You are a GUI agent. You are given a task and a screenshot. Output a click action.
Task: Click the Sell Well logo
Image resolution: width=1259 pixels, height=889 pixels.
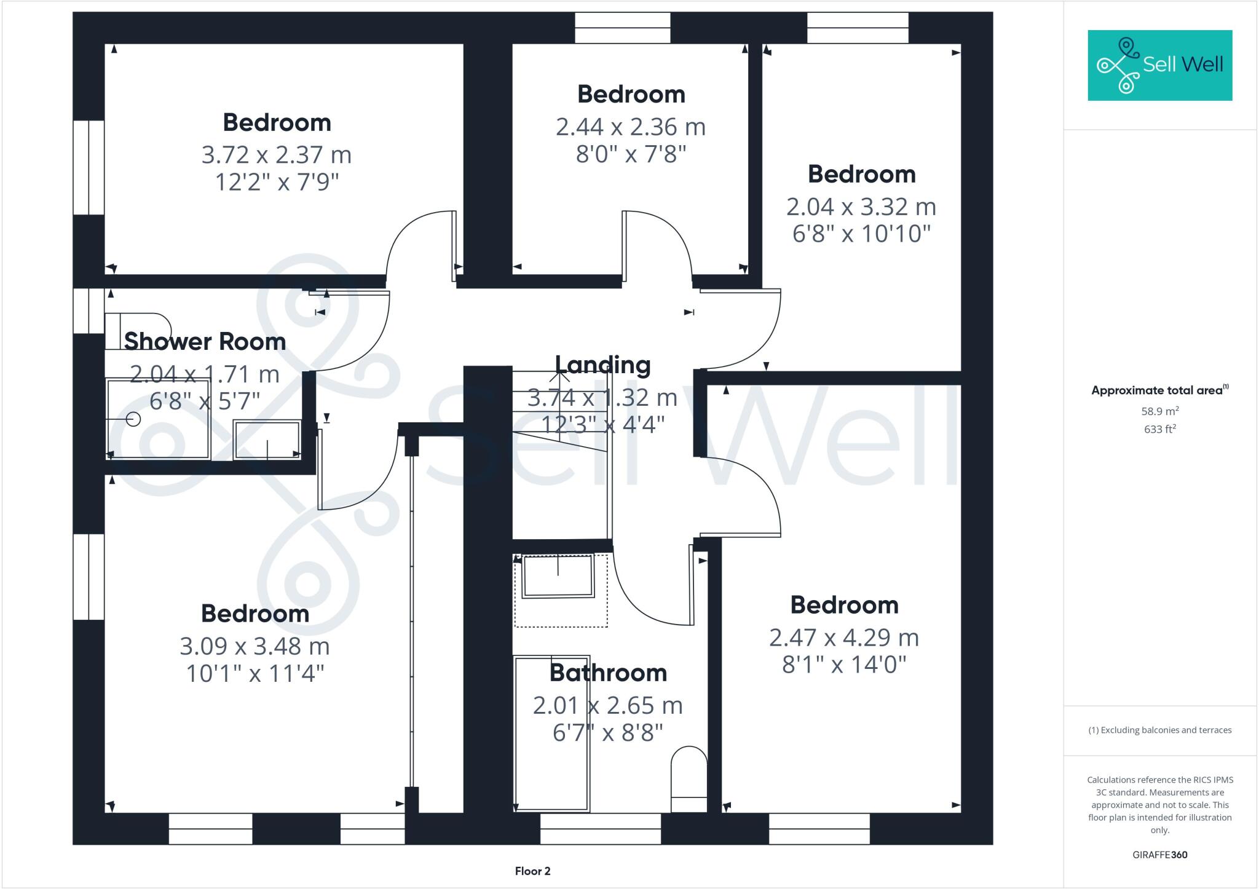1159,65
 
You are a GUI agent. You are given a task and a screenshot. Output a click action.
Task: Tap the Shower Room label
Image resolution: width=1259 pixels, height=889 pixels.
205,342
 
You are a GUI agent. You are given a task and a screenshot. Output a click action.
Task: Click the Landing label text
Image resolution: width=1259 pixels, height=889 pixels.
602,365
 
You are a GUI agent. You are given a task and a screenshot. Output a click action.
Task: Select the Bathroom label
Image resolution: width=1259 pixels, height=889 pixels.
608,673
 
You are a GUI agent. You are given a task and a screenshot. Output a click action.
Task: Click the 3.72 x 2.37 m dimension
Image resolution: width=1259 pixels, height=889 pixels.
277,154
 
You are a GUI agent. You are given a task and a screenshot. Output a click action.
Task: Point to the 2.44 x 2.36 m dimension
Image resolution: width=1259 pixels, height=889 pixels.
631,127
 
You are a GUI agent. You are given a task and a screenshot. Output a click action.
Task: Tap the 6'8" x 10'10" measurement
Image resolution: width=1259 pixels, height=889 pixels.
861,234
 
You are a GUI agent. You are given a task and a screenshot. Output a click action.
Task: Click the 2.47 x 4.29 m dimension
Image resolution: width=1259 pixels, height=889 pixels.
844,638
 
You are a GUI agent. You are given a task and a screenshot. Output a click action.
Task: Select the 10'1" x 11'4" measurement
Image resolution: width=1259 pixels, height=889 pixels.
255,674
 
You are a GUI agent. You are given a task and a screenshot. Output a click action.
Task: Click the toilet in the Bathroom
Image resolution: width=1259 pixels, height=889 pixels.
689,778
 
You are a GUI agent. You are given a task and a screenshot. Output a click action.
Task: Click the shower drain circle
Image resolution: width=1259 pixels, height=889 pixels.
133,419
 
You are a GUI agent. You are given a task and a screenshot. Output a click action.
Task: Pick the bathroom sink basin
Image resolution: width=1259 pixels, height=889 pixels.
558,576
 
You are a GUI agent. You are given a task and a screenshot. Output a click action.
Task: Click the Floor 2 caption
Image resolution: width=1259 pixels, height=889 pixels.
532,871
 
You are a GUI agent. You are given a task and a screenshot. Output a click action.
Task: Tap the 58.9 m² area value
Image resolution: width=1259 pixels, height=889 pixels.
1159,411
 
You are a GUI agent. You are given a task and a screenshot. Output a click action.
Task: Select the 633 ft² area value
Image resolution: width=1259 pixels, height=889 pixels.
1159,429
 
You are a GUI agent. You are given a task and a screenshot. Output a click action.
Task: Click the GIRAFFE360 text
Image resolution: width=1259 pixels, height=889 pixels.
1159,855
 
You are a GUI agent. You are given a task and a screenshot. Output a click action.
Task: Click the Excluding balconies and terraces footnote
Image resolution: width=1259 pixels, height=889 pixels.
1159,730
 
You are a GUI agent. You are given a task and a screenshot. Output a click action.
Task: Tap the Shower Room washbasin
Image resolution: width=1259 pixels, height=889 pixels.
267,440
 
